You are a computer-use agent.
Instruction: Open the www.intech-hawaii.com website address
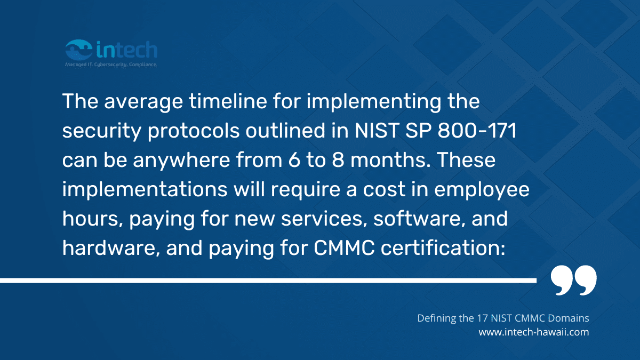point(534,332)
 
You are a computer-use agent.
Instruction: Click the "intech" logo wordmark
point(127,50)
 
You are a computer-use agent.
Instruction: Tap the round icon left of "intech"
point(78,50)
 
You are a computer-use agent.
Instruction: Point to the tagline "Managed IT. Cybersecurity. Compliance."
point(110,64)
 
